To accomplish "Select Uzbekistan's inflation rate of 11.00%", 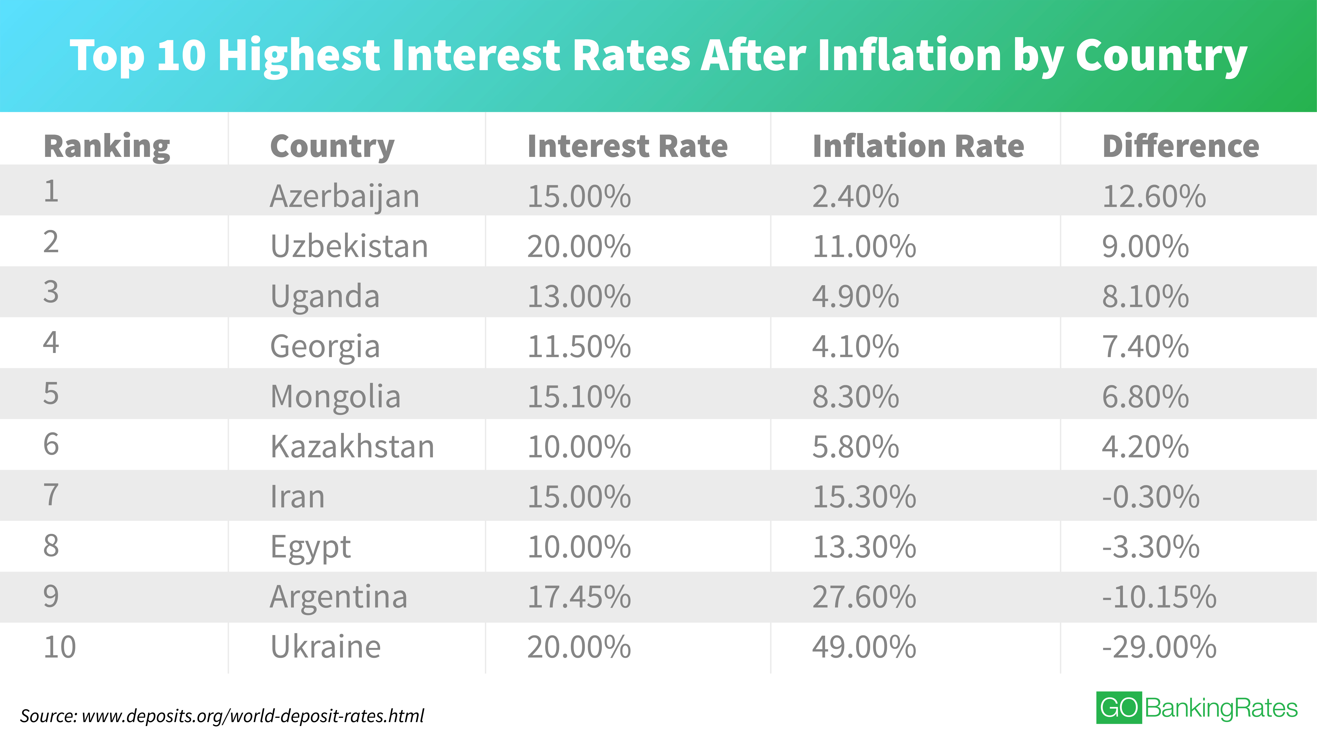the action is pyautogui.click(x=864, y=246).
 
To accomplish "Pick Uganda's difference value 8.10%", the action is pyautogui.click(x=1145, y=297).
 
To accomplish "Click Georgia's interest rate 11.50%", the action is pyautogui.click(x=579, y=347).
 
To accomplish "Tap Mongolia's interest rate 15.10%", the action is pyautogui.click(x=579, y=397).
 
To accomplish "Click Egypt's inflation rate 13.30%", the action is pyautogui.click(x=864, y=547).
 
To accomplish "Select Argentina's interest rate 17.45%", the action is pyautogui.click(x=579, y=597).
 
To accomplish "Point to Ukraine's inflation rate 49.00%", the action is pyautogui.click(x=864, y=647).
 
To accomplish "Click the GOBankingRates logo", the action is pyautogui.click(x=1196, y=708).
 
